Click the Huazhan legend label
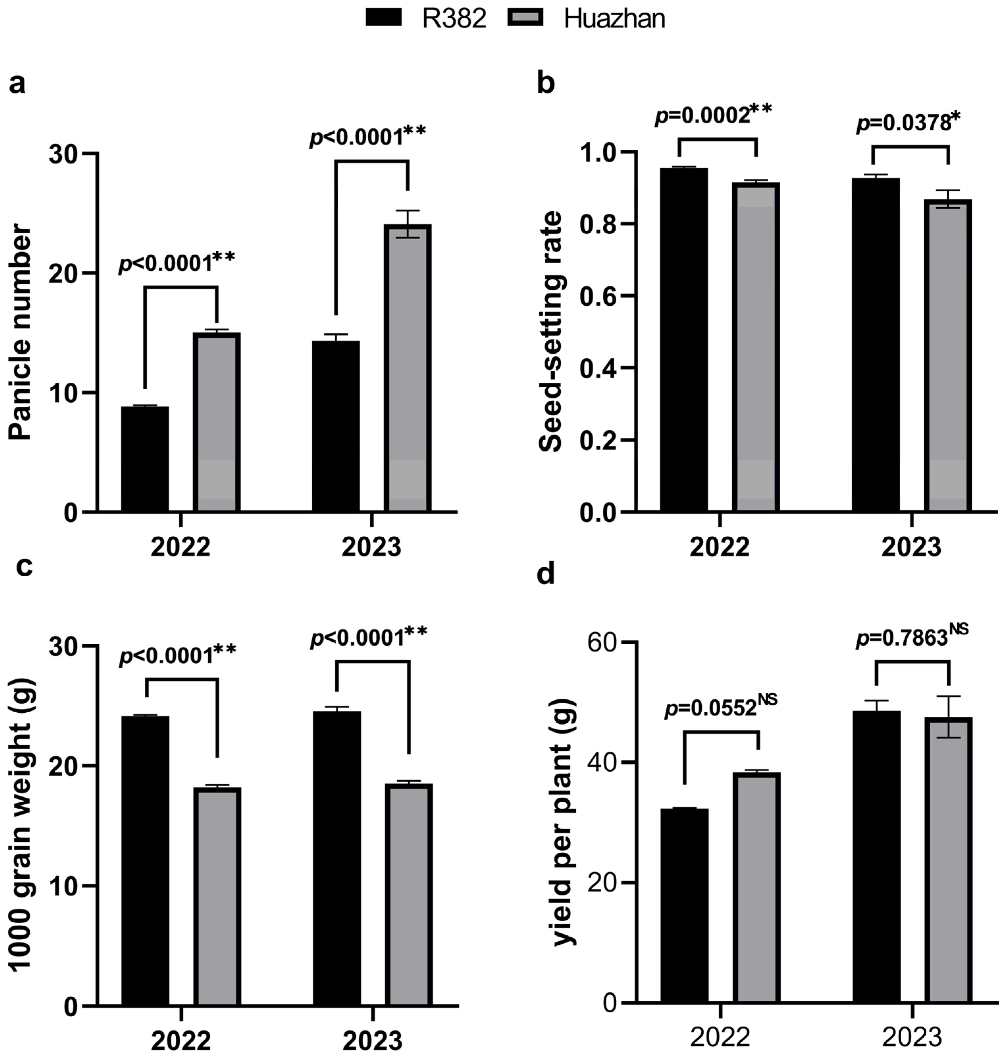614,19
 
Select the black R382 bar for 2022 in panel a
145,459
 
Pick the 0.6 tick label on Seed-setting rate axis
598,296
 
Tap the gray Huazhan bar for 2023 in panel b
948,356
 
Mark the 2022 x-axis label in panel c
181,1041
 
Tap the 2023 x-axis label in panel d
912,1038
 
